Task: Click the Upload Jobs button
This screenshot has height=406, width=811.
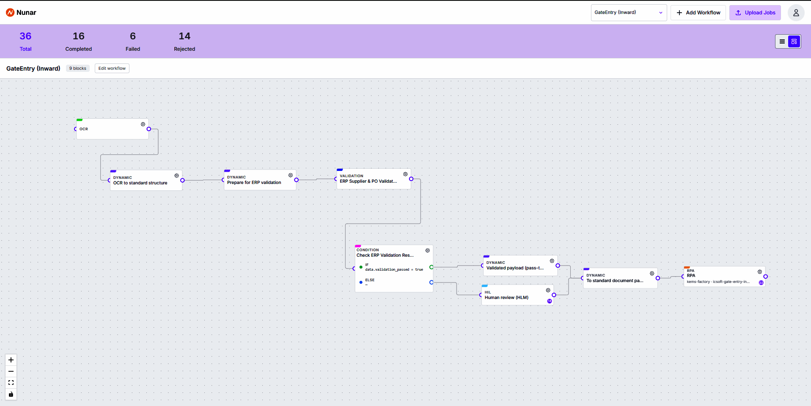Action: pos(755,13)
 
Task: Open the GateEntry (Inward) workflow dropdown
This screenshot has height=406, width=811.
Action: pos(629,13)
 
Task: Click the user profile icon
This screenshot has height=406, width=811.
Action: pos(796,13)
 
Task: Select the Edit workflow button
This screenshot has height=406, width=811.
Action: pos(112,69)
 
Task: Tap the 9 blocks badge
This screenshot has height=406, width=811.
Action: pos(78,69)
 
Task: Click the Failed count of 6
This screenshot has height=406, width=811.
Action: pos(133,36)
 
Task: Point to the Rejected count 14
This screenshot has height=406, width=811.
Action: pos(184,36)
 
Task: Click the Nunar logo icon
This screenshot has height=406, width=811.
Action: pos(10,13)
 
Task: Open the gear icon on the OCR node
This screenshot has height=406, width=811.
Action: pos(143,124)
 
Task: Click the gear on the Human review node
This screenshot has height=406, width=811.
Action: pos(548,290)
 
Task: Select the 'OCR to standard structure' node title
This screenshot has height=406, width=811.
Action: pos(140,183)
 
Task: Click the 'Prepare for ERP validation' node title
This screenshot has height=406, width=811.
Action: pos(254,183)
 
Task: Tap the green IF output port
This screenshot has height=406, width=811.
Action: pos(431,267)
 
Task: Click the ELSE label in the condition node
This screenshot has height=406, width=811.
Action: pos(370,280)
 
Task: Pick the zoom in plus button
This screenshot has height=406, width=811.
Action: pos(11,360)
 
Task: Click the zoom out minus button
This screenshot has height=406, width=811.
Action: pos(11,371)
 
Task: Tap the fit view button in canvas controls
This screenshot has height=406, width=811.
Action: pos(11,383)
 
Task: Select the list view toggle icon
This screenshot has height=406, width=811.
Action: pos(782,41)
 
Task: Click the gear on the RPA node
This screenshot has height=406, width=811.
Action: pos(760,272)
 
